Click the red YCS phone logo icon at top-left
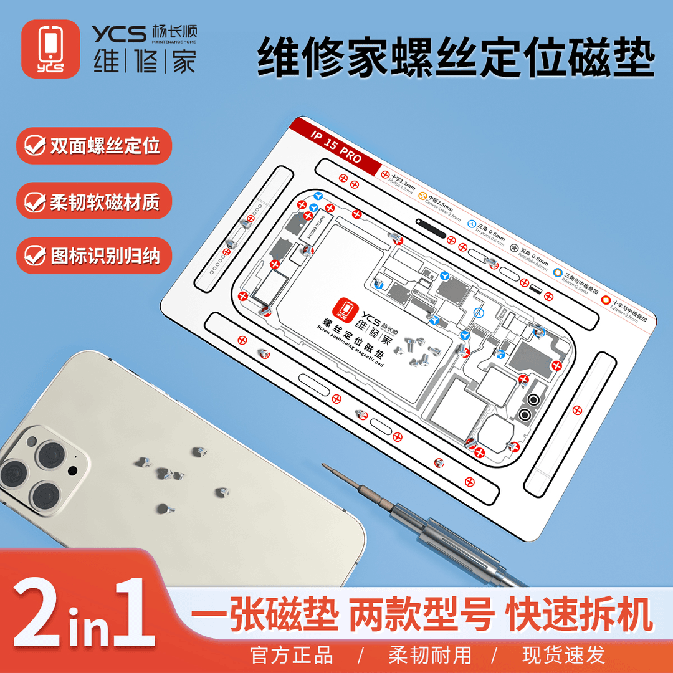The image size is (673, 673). (x=50, y=49)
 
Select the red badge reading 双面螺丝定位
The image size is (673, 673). (x=93, y=146)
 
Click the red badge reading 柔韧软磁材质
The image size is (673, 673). (x=93, y=201)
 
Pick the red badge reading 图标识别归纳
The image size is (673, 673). (x=93, y=255)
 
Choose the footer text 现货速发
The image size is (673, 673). (x=564, y=655)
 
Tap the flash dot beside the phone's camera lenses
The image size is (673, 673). (x=73, y=469)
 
